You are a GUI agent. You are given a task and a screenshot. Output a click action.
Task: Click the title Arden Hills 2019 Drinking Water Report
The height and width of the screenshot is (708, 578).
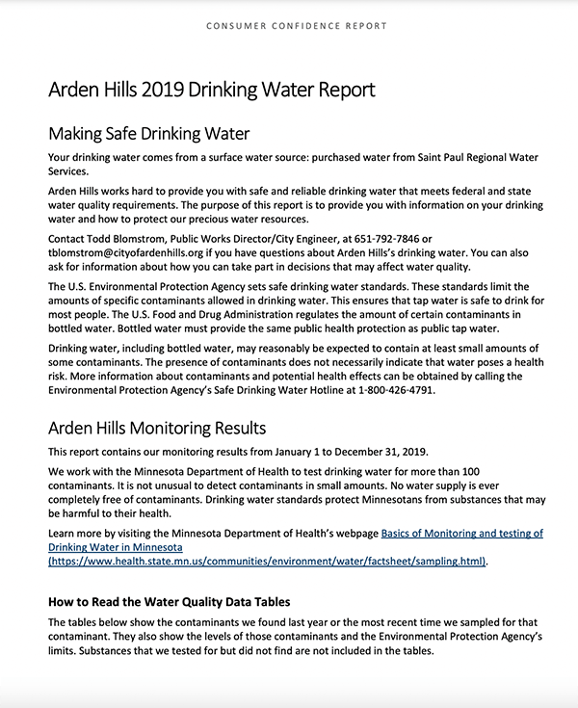coord(211,91)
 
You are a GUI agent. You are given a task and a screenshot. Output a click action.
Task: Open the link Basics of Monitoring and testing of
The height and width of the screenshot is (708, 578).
coord(462,533)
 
